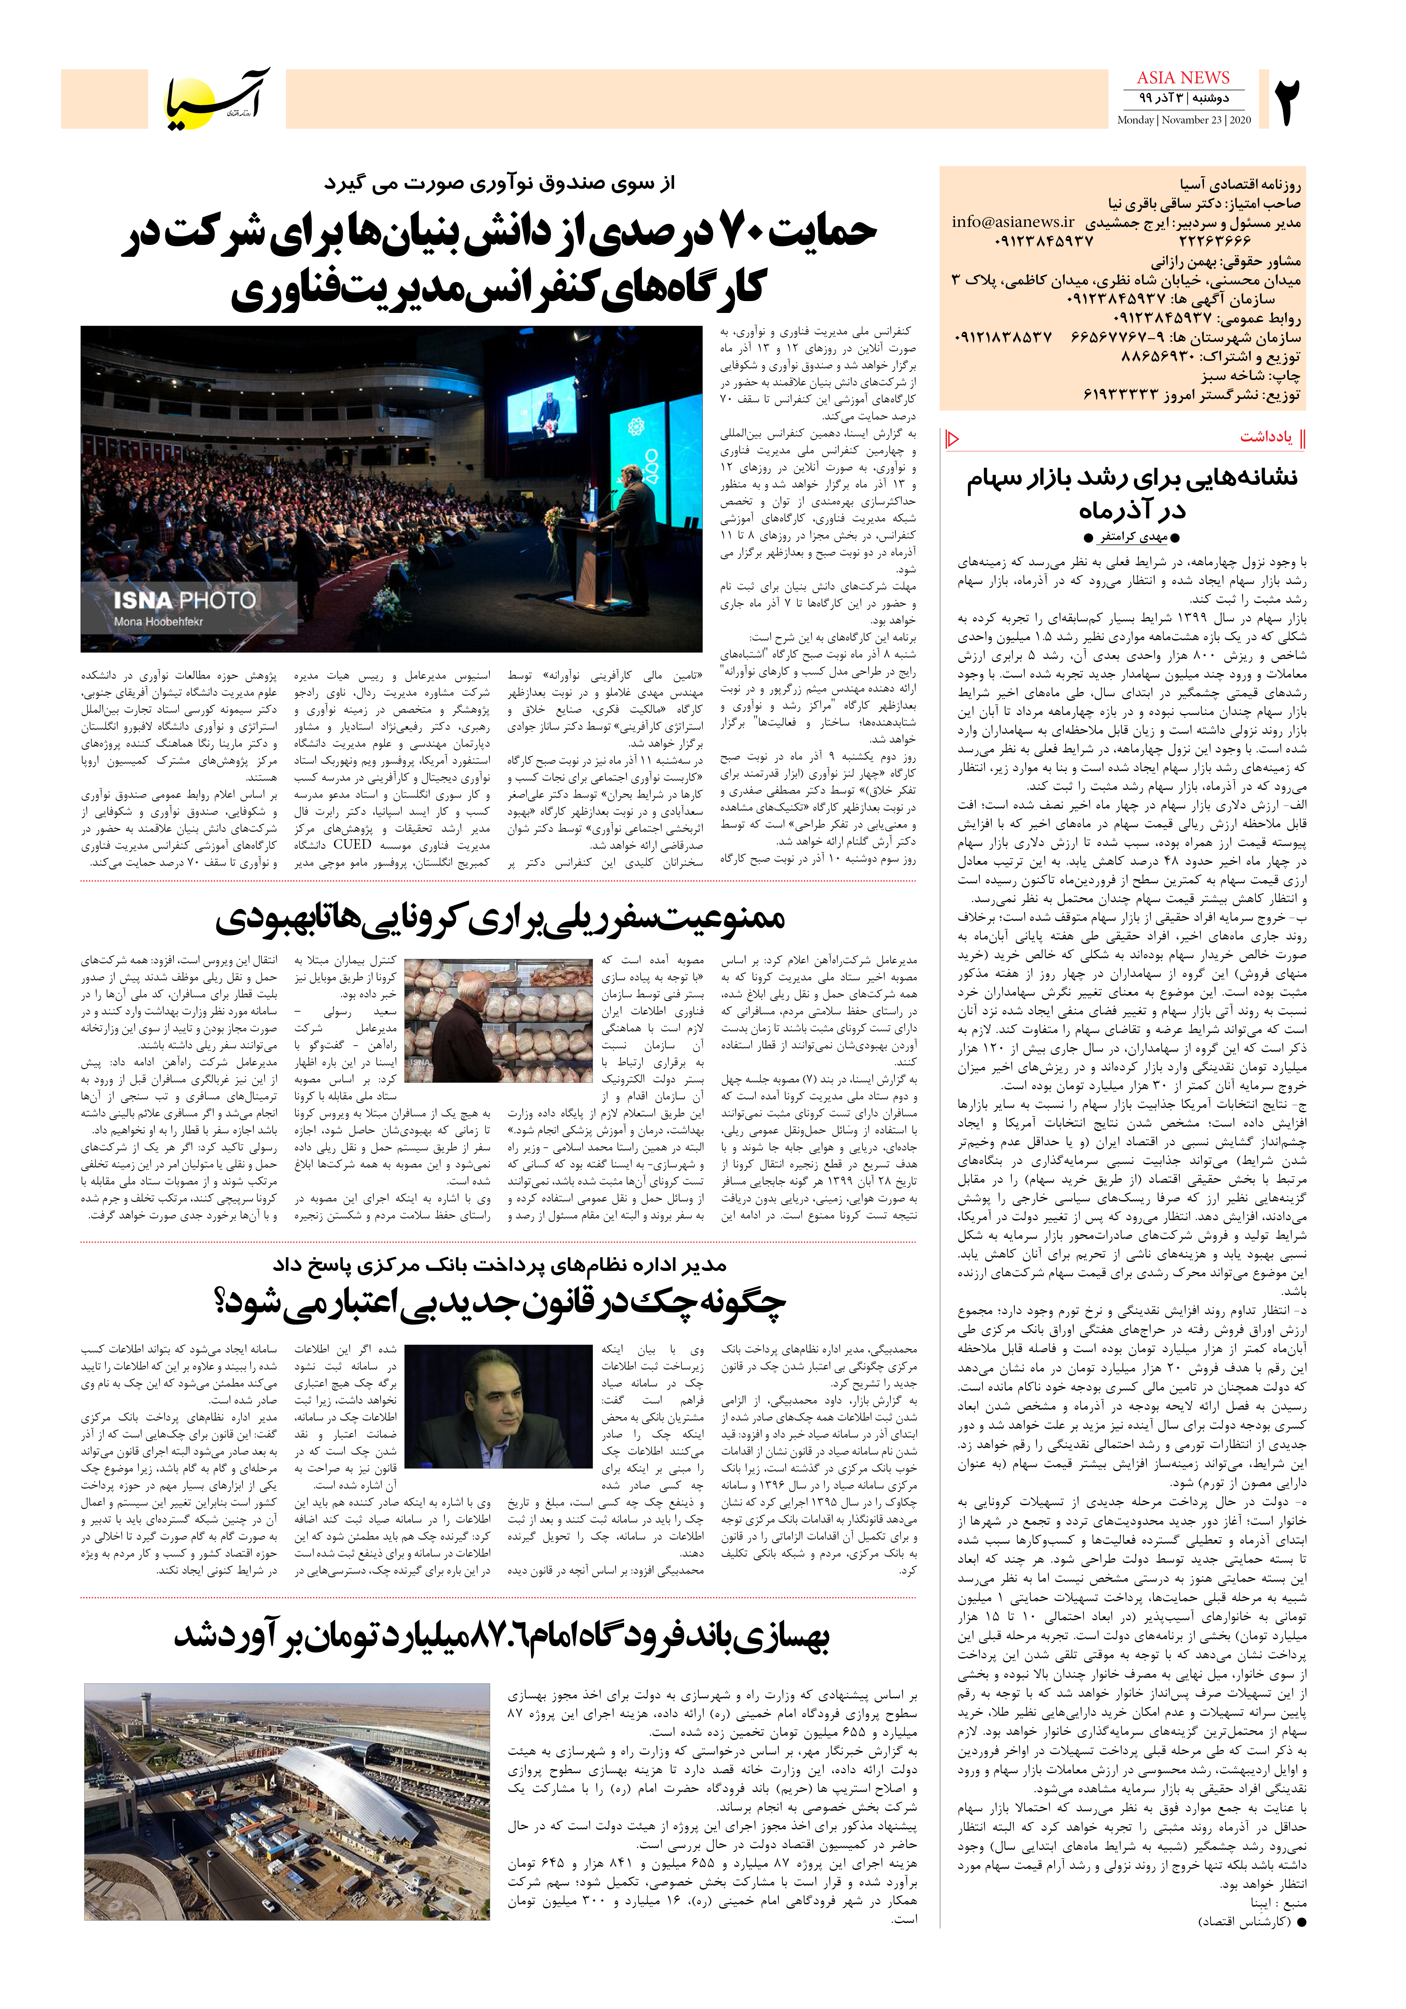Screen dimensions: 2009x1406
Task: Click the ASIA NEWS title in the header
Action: tap(1183, 78)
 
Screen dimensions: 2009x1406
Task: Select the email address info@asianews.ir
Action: tap(1013, 222)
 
